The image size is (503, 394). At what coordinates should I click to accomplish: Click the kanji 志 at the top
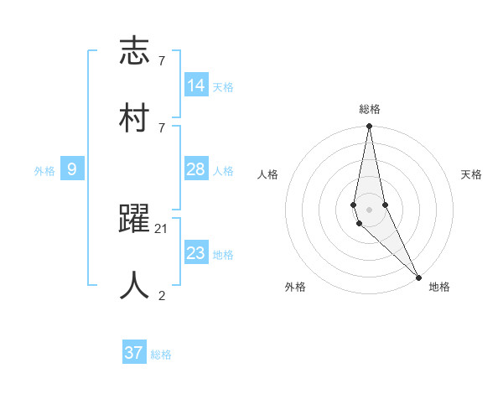[136, 52]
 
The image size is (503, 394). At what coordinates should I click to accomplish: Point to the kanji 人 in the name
[136, 285]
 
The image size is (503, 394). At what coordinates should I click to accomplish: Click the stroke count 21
[162, 228]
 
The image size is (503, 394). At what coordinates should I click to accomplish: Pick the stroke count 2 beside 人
[162, 295]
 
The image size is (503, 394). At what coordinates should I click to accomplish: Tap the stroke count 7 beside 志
[162, 61]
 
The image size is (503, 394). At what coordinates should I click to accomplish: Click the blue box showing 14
[196, 85]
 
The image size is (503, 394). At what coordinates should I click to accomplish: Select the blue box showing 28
[196, 169]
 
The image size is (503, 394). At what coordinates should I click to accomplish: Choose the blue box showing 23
[196, 252]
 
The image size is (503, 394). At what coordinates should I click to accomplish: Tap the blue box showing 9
[72, 169]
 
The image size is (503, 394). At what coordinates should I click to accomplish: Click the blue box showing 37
[134, 353]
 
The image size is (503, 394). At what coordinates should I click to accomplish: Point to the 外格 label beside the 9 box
[44, 171]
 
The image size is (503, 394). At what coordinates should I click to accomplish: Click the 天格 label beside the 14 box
[223, 87]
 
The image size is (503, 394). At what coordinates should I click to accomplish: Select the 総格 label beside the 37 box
[161, 355]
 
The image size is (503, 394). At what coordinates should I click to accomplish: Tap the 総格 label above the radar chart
[370, 109]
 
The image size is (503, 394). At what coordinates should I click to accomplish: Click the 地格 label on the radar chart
[439, 287]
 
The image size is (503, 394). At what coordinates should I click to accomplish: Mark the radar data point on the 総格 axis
[369, 127]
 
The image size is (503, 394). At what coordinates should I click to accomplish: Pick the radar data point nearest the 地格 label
[418, 277]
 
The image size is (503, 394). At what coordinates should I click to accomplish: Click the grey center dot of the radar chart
[369, 209]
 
